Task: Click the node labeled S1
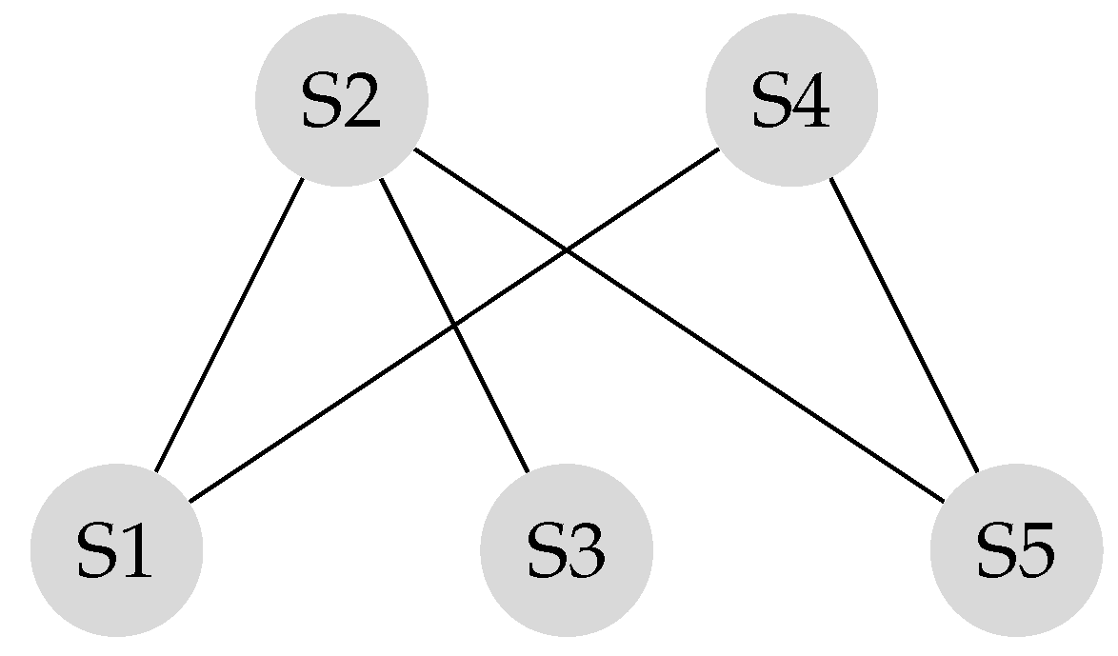pyautogui.click(x=116, y=549)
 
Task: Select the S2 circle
pyautogui.click(x=341, y=100)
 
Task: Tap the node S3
pyautogui.click(x=566, y=549)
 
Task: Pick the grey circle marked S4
pyautogui.click(x=790, y=100)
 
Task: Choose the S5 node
pyautogui.click(x=1015, y=549)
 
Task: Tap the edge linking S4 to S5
pyautogui.click(x=903, y=325)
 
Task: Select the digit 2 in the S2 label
pyautogui.click(x=362, y=102)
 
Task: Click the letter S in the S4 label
pyautogui.click(x=769, y=102)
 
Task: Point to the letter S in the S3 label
pyautogui.click(x=544, y=551)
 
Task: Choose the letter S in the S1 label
pyautogui.click(x=94, y=551)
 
